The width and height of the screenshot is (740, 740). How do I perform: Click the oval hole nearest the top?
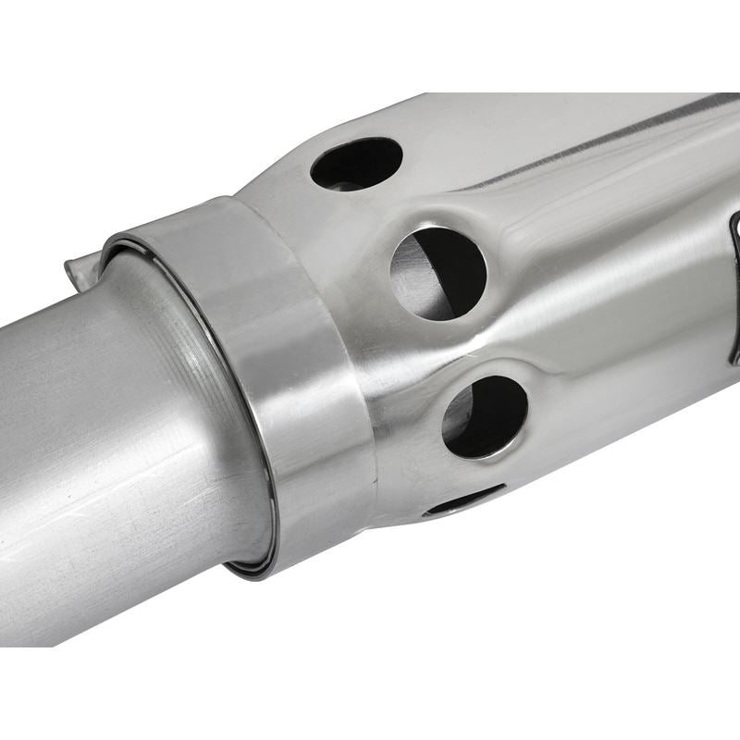click(356, 163)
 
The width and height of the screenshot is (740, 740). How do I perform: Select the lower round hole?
click(485, 416)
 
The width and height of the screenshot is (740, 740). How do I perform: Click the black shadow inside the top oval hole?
click(356, 166)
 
